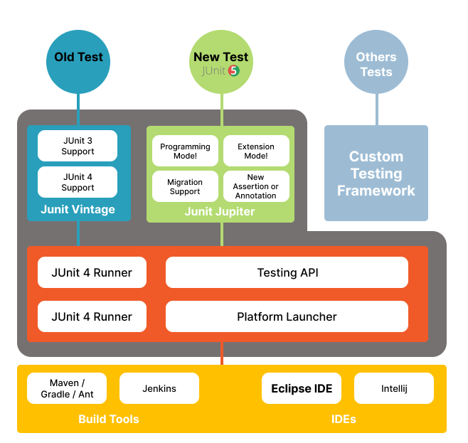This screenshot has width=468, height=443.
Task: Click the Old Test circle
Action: pos(78,61)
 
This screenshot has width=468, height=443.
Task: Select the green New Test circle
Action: pos(220,61)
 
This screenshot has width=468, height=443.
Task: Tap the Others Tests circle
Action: pos(376,64)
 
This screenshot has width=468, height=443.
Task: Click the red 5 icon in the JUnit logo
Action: pos(233,71)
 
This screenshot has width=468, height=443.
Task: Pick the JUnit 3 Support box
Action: pos(78,146)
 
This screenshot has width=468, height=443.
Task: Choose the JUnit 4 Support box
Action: pos(78,182)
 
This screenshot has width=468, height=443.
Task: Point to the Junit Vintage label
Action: pos(78,210)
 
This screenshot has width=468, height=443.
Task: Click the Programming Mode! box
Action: pos(185,151)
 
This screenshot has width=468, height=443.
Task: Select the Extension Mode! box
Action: pos(256,151)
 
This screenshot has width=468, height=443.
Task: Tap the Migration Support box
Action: pos(185,186)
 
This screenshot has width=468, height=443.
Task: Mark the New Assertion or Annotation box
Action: pos(256,186)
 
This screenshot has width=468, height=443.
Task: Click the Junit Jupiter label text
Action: pos(220,211)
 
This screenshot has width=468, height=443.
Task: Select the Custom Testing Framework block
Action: pos(376,174)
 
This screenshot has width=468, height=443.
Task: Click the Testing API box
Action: pos(287,272)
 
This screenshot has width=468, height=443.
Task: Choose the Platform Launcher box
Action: pos(287,316)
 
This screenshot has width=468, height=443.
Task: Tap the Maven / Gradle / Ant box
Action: pos(67,388)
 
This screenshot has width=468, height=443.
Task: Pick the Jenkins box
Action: pos(159,388)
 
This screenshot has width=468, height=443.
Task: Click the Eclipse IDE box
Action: pos(302,388)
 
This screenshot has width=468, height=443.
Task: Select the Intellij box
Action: pos(394,388)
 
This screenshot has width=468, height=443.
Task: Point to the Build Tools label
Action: pos(109,419)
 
